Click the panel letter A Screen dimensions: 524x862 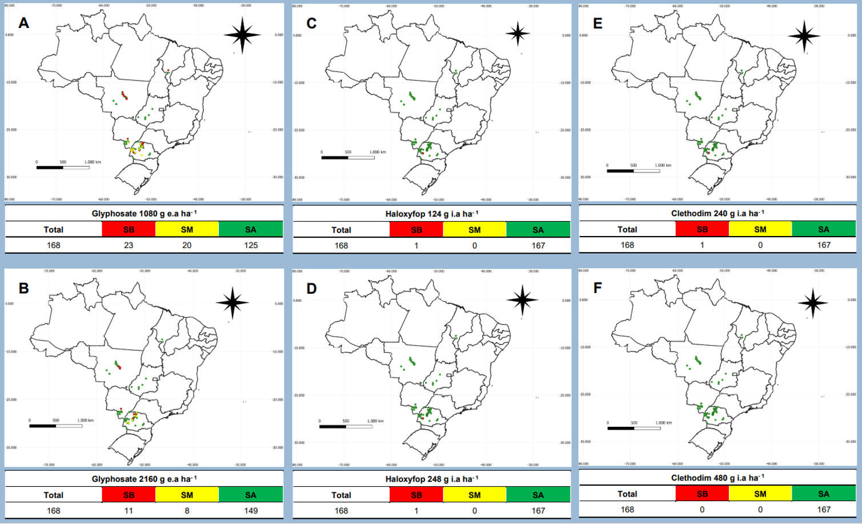point(23,23)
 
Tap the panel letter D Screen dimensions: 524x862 point(311,289)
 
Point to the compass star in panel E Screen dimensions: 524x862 point(804,36)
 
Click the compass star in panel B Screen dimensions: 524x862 point(232,302)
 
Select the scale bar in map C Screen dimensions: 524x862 point(348,157)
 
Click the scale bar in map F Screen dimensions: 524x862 point(634,428)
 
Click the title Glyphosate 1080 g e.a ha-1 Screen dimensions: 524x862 point(144,214)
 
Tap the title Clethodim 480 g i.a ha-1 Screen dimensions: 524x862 point(717,478)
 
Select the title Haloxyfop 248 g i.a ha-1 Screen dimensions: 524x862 point(432,479)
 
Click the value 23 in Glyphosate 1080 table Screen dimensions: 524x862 point(129,245)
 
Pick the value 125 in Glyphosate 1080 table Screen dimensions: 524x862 point(251,245)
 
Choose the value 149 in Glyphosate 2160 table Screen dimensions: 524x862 point(251,511)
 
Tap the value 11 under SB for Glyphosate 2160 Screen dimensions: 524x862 point(129,511)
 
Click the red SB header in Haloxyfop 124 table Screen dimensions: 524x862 point(416,230)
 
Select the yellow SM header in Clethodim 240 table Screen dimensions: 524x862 point(760,229)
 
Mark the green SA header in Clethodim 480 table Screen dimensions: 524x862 point(823,494)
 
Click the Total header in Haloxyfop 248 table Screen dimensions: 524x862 point(341,495)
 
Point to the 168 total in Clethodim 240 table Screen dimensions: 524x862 point(627,245)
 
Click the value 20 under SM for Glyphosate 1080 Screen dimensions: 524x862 point(187,245)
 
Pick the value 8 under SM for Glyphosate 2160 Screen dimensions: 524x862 point(187,511)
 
